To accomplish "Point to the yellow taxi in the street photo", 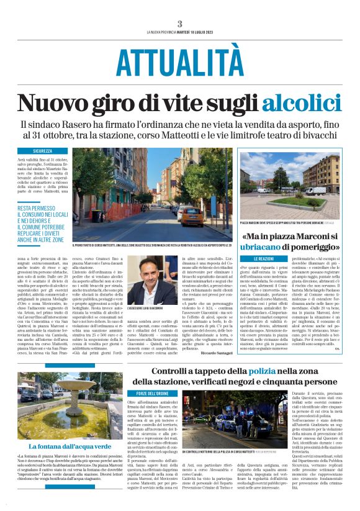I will point(191,216).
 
